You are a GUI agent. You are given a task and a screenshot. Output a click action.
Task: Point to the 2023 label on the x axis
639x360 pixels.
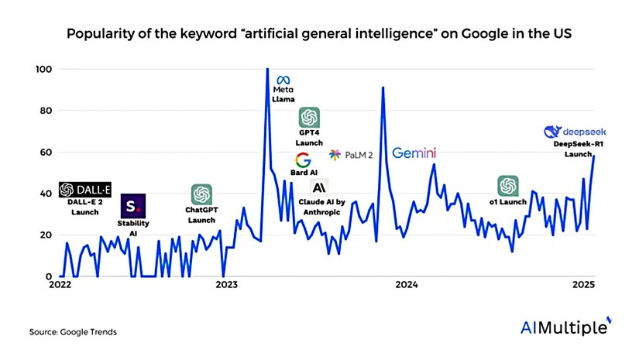pyautogui.click(x=227, y=284)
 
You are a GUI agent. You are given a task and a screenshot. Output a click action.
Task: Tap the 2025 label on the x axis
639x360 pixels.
pyautogui.click(x=583, y=284)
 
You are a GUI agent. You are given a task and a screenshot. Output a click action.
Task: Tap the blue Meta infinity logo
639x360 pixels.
pyautogui.click(x=283, y=79)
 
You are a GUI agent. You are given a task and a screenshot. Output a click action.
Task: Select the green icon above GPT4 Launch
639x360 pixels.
pyautogui.click(x=309, y=118)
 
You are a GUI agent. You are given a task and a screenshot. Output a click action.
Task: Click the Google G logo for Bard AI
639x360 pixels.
pyautogui.click(x=303, y=161)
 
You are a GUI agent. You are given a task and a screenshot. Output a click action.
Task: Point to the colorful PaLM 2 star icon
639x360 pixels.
pyautogui.click(x=335, y=155)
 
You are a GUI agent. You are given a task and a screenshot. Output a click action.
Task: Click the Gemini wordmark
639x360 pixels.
pyautogui.click(x=414, y=153)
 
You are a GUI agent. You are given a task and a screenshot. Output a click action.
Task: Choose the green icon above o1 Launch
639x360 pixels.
pyautogui.click(x=508, y=186)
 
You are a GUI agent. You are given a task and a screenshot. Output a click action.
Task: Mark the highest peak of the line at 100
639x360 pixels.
pyautogui.click(x=267, y=70)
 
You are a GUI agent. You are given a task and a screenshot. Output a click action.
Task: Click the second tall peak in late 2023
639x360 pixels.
pyautogui.click(x=383, y=87)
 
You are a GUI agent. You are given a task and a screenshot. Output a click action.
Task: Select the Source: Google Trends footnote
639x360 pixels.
pyautogui.click(x=74, y=331)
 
